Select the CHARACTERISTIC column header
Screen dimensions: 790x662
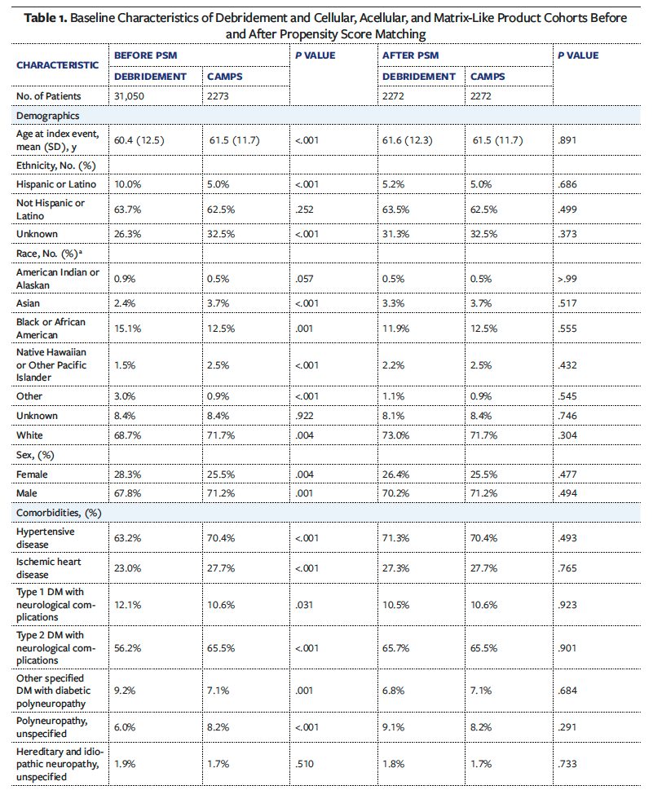58,64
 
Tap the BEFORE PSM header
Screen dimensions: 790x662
146,55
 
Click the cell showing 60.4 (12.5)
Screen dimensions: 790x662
139,140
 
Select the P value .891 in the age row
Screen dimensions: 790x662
567,140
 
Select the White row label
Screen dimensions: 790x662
31,436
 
